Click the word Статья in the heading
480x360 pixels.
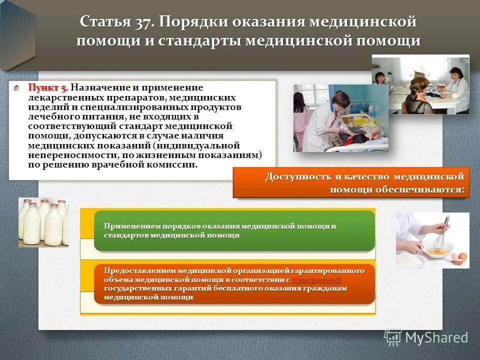tap(104, 22)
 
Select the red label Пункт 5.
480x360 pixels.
tap(47, 88)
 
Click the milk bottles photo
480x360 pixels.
tap(43, 222)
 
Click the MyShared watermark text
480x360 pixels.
tap(436, 337)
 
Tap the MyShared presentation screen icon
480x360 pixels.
tap(393, 336)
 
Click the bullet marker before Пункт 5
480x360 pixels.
tap(16, 88)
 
